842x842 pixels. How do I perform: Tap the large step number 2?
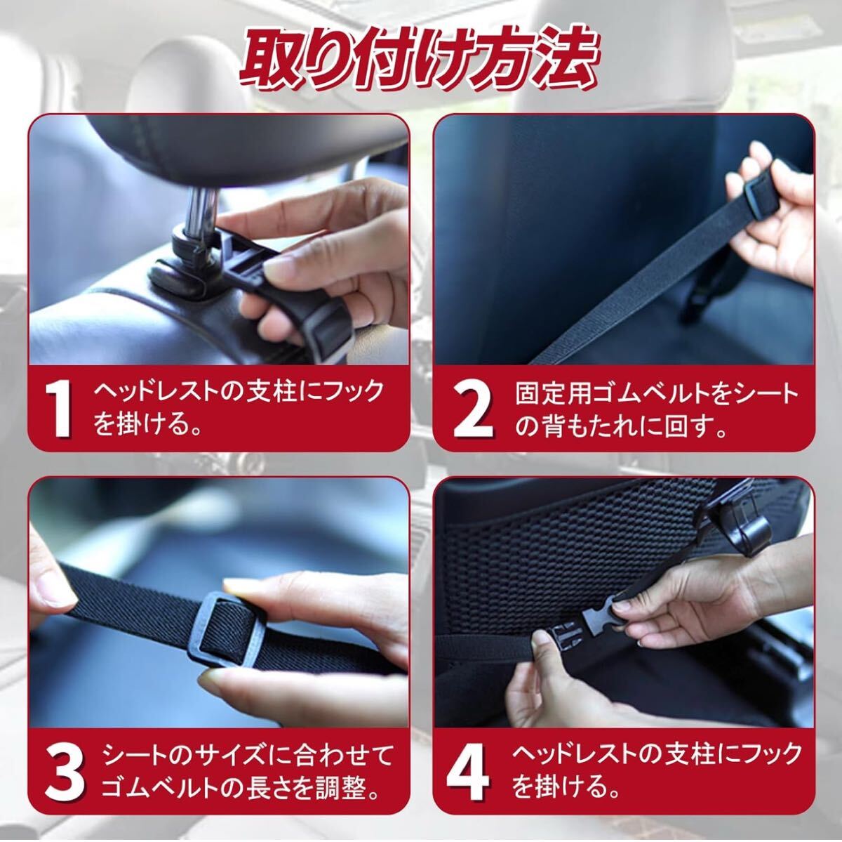click(x=473, y=410)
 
